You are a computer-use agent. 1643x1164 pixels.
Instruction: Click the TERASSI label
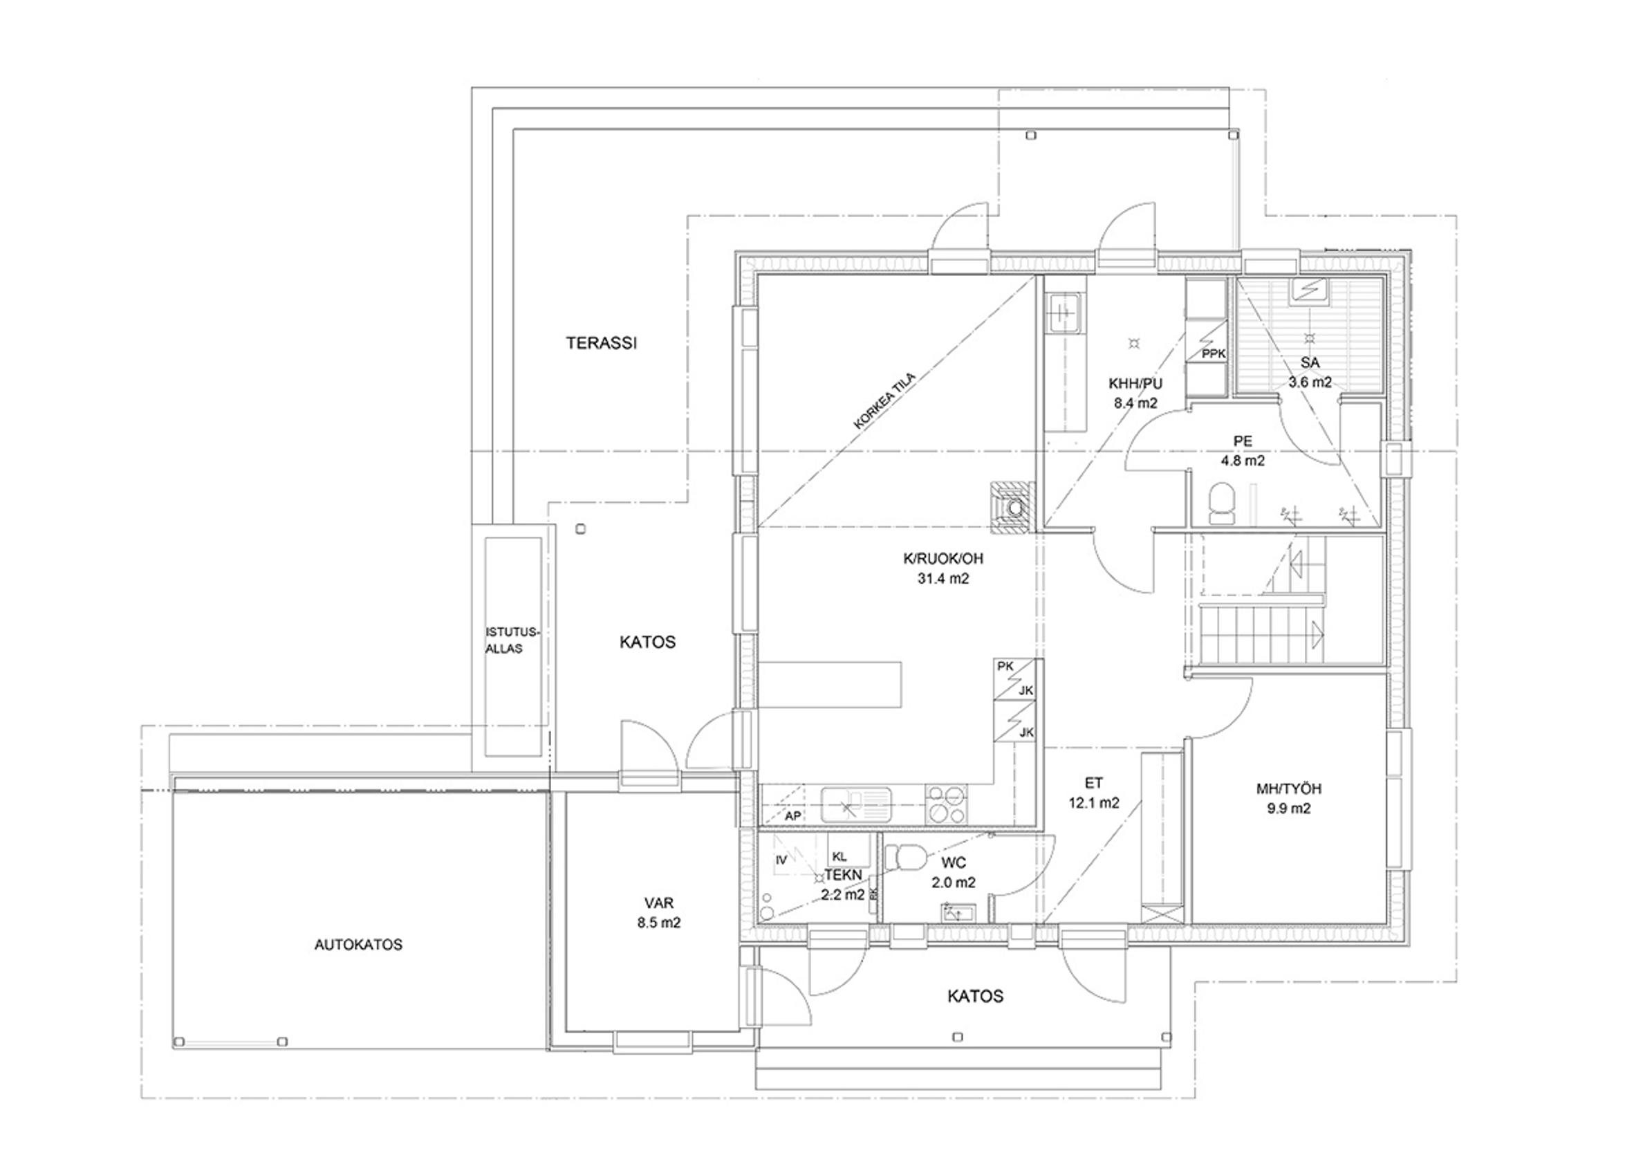pos(601,343)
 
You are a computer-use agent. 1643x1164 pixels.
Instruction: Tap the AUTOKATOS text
pos(358,945)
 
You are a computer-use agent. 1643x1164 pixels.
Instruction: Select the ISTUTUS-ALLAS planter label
pos(512,640)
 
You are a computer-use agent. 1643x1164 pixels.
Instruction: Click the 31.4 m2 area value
pos(943,578)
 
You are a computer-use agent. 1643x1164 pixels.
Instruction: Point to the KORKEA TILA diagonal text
pos(884,400)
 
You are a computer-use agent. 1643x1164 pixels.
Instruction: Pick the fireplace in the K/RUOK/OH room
pos(1012,507)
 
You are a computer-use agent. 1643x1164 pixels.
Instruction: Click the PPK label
pos(1214,354)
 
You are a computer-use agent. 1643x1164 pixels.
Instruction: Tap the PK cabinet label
pos(1005,666)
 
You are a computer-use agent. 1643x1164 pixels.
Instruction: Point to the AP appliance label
pos(792,816)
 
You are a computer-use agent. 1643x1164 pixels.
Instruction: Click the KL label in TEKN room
pos(839,856)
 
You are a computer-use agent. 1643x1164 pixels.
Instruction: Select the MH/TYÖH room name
pos(1288,788)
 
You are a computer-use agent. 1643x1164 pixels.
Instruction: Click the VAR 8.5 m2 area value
pos(658,923)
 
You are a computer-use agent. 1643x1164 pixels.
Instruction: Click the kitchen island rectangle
pos(829,685)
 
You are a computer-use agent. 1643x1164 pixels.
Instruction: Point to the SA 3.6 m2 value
pos(1310,382)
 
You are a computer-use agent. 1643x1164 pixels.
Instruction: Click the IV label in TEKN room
pos(781,860)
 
